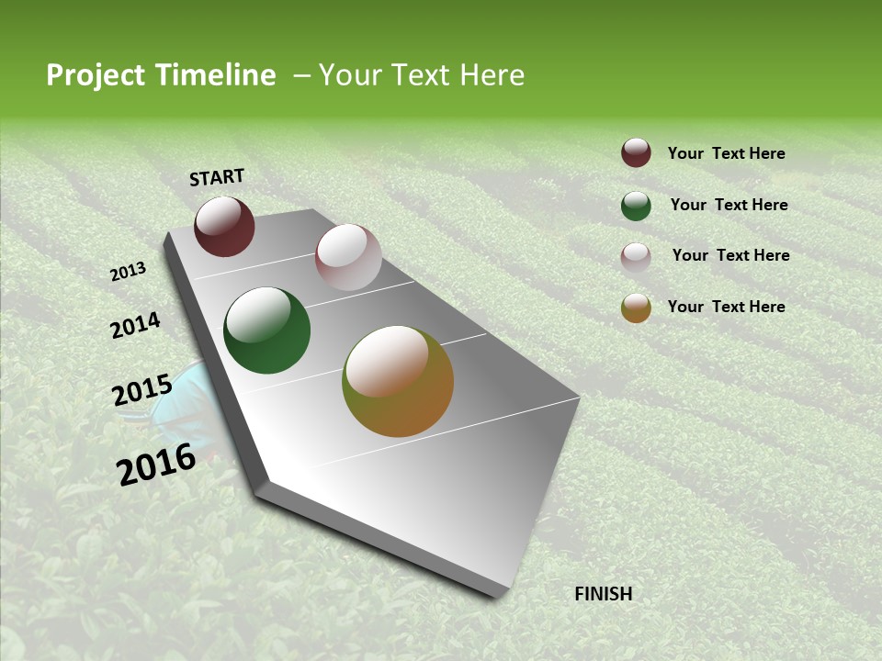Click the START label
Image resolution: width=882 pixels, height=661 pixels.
click(x=217, y=177)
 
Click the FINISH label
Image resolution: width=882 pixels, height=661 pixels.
click(x=604, y=594)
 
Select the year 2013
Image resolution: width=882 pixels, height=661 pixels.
click(x=129, y=272)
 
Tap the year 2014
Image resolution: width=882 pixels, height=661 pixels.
click(x=135, y=326)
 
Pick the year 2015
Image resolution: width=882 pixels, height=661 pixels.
click(x=142, y=391)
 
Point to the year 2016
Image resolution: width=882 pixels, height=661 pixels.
click(x=156, y=465)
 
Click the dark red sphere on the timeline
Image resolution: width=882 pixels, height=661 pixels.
click(x=224, y=227)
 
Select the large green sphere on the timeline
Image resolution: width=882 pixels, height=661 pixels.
click(x=267, y=330)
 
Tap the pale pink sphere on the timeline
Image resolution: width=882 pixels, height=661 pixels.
click(x=348, y=257)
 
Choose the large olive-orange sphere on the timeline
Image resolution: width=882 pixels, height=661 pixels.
click(x=398, y=381)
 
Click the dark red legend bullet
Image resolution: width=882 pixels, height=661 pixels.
click(x=636, y=153)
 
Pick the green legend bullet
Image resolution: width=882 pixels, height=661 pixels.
click(x=636, y=206)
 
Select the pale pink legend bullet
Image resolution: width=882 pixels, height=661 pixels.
click(x=636, y=256)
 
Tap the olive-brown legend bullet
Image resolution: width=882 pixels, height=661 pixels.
click(x=636, y=308)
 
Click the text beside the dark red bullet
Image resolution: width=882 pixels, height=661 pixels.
click(x=726, y=154)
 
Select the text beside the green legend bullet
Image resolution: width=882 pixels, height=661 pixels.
click(x=729, y=205)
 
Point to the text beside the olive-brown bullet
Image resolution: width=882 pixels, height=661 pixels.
click(x=726, y=307)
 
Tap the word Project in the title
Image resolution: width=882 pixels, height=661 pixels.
click(x=96, y=75)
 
